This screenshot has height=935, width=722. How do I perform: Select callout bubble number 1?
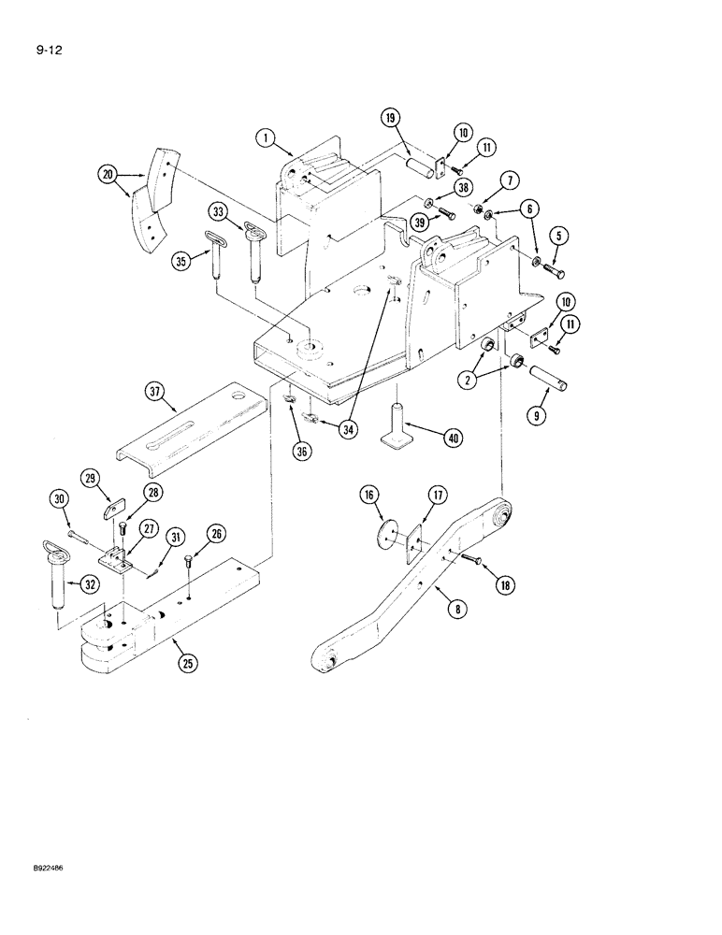point(267,138)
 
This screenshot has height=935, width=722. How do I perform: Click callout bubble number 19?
point(390,117)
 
